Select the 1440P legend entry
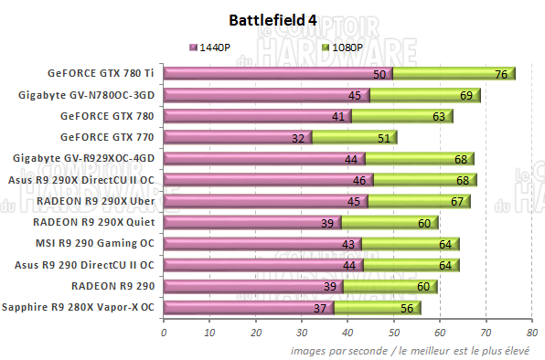coord(217,47)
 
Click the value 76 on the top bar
coord(501,74)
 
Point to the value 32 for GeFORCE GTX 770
coord(297,138)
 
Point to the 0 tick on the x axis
coord(164,334)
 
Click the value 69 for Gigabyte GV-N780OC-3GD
coord(467,95)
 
